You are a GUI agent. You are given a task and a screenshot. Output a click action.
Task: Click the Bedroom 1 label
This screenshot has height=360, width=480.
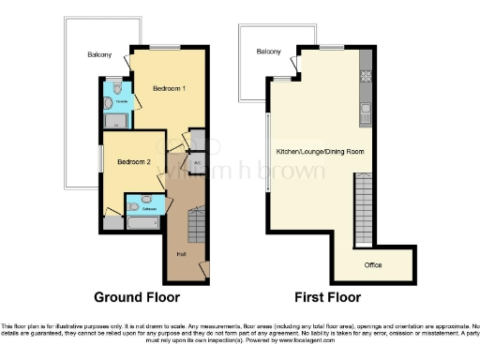[169, 87]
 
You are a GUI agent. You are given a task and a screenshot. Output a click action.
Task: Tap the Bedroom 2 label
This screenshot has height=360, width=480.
[133, 161]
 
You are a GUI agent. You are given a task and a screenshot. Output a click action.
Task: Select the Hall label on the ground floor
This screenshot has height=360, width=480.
[179, 253]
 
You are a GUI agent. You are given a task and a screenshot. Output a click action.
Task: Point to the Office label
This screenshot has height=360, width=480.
[374, 263]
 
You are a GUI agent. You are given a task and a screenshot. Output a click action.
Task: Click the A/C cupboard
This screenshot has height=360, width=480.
[198, 163]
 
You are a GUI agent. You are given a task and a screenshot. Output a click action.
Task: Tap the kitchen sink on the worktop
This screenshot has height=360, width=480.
[366, 113]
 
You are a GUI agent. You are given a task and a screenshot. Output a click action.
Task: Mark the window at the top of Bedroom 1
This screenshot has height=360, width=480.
[167, 46]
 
